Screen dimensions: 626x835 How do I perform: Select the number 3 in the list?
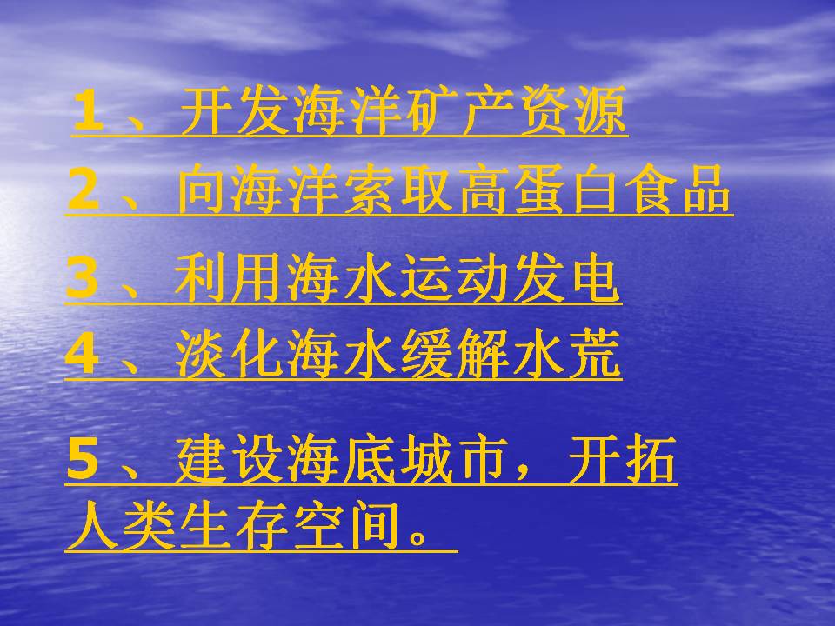(x=83, y=280)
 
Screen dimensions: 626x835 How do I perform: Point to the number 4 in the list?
(x=83, y=356)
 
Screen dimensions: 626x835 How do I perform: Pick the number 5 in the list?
(x=84, y=461)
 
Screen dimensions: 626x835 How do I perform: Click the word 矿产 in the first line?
(x=487, y=113)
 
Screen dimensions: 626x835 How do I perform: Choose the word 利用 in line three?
(x=230, y=280)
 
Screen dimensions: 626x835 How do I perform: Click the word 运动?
(x=452, y=280)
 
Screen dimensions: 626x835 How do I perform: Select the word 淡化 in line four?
(x=230, y=356)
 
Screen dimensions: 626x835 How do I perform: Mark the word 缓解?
(x=452, y=356)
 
